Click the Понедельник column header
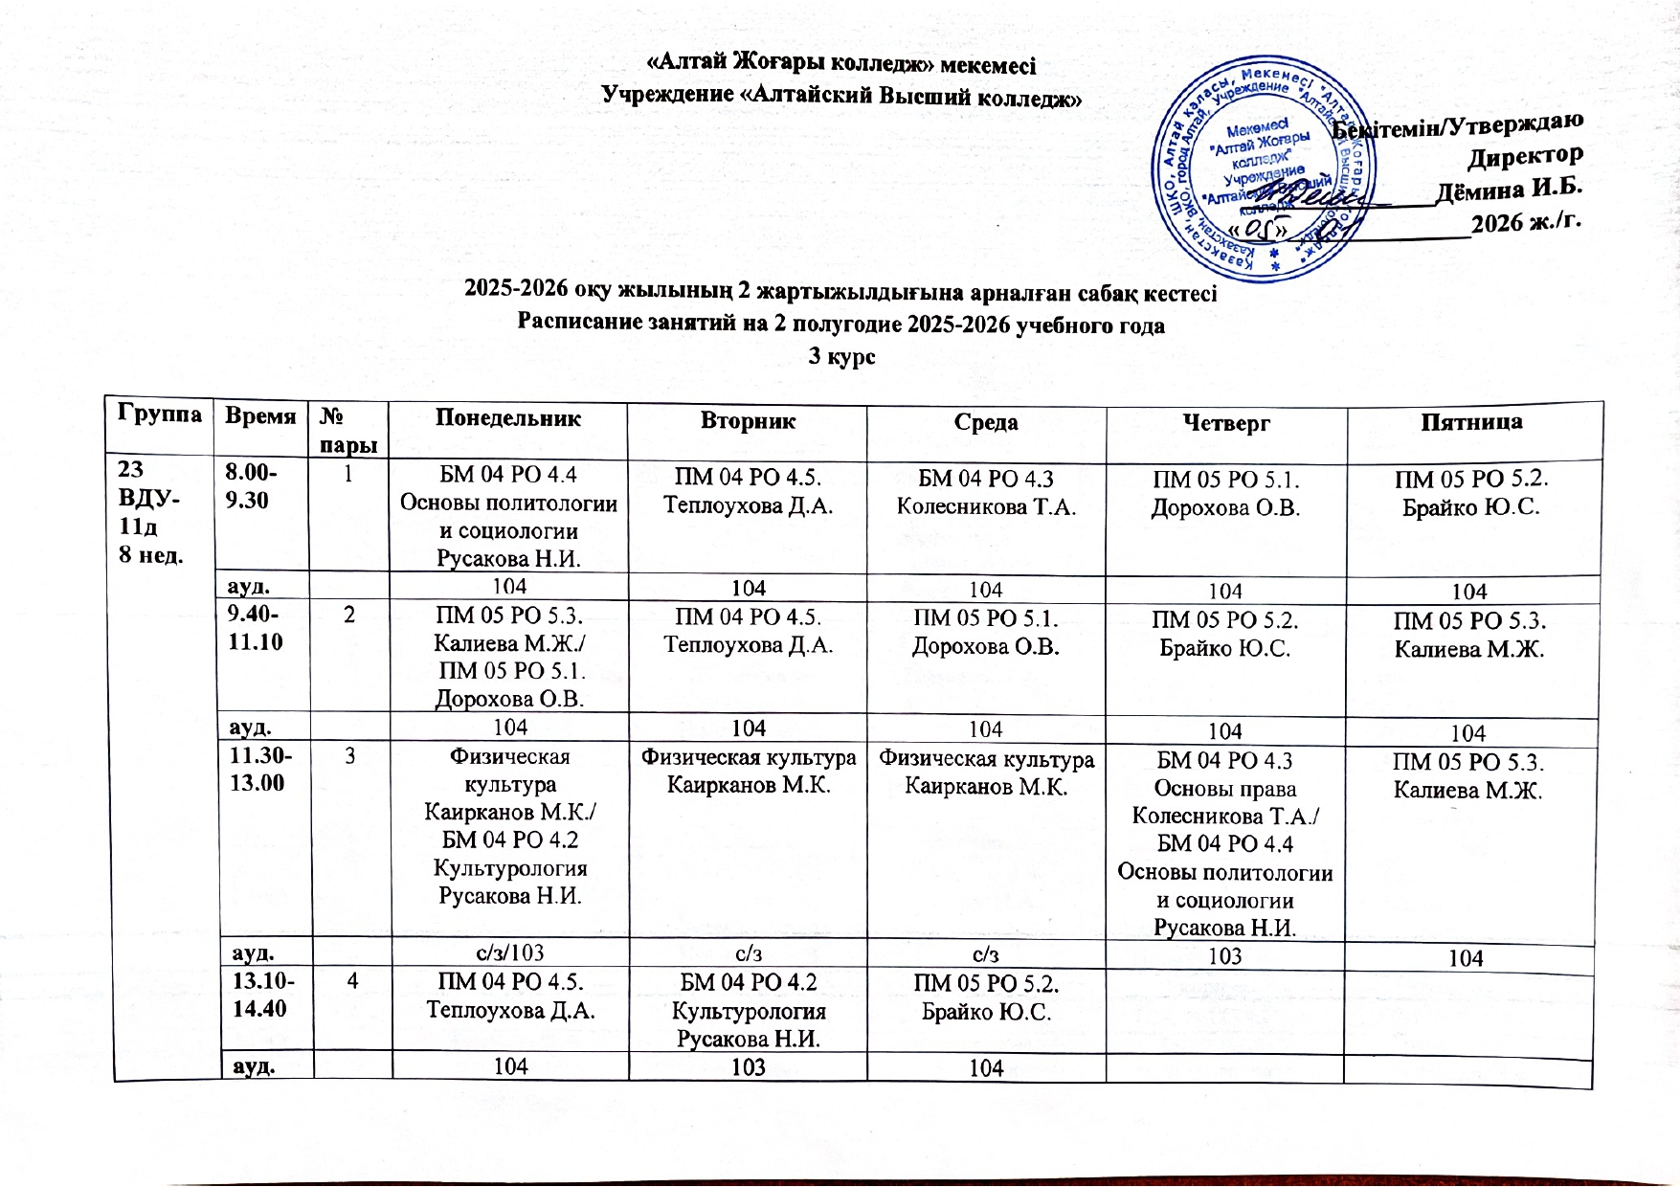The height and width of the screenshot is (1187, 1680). (x=508, y=418)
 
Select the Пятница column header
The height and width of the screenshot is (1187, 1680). (x=1471, y=421)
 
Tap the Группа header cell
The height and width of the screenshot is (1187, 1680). (x=160, y=414)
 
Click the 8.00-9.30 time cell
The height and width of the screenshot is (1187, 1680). (x=247, y=486)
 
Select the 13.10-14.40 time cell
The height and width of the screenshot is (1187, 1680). (x=259, y=994)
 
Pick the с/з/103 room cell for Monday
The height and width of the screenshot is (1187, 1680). (x=510, y=952)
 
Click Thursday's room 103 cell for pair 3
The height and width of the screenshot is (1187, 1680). (x=1225, y=955)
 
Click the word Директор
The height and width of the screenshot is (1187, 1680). (x=1525, y=155)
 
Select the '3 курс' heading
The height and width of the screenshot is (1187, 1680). (x=842, y=356)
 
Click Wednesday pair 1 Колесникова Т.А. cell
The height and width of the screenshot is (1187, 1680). (x=986, y=492)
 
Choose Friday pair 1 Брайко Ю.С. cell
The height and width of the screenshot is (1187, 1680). (x=1470, y=493)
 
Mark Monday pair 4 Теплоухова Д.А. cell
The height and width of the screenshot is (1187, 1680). (x=510, y=996)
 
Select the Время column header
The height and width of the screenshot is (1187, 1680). (x=259, y=415)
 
